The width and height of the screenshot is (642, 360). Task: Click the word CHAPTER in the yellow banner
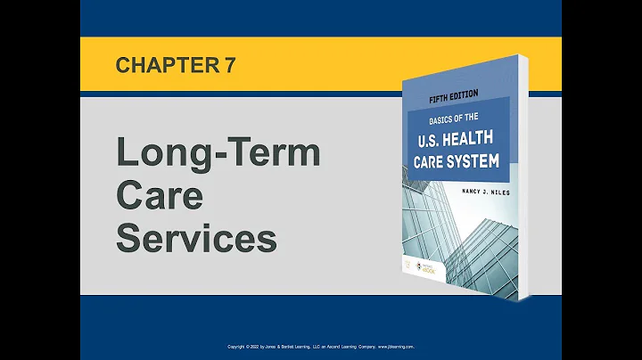pyautogui.click(x=161, y=65)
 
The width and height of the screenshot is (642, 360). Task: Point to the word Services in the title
pyautogui.click(x=197, y=238)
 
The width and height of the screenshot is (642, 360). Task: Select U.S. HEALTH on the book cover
pyautogui.click(x=457, y=141)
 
